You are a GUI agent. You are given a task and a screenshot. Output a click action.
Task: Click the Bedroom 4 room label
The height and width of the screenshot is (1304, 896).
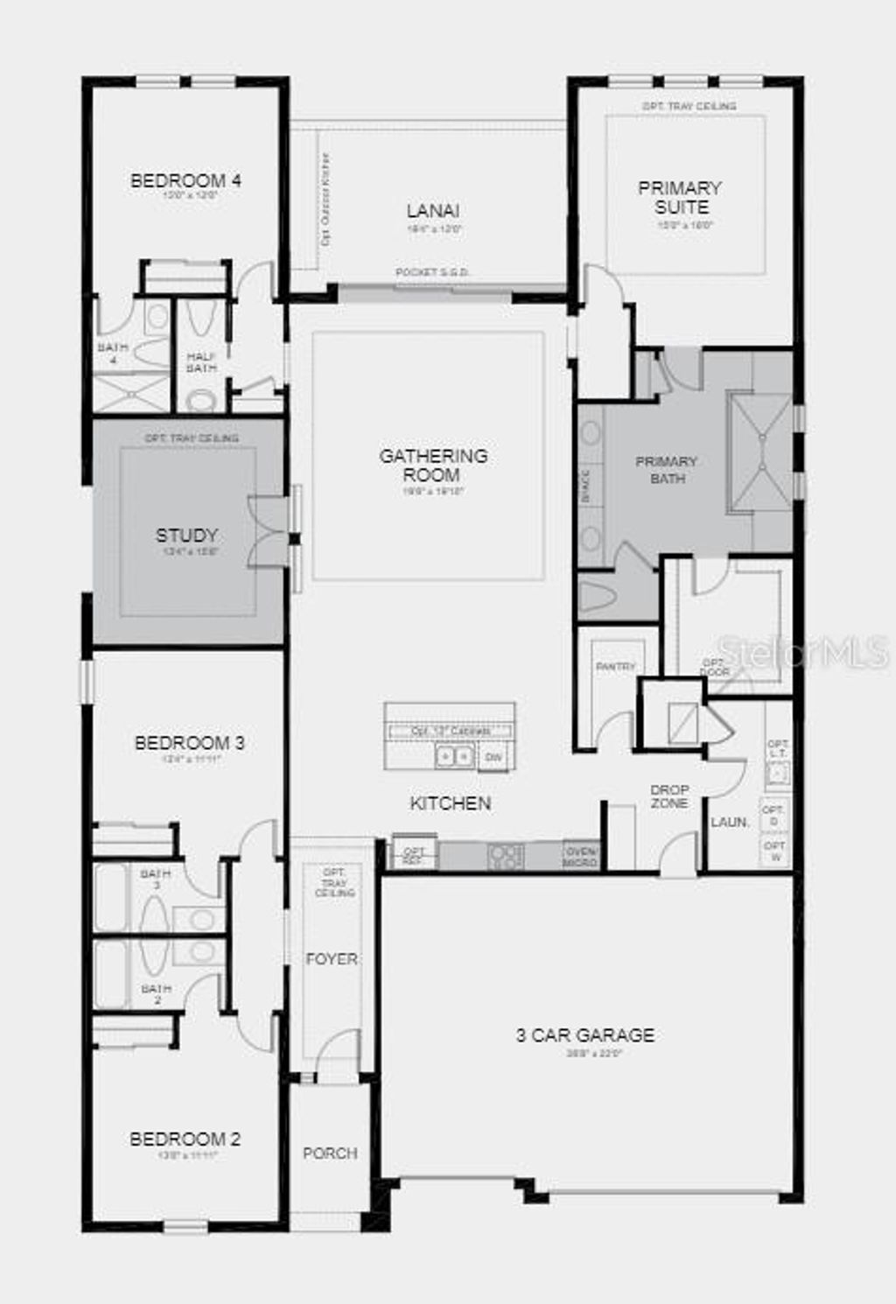(x=185, y=181)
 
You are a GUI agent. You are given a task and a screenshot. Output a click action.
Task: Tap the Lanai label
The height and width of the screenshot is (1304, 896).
(x=433, y=211)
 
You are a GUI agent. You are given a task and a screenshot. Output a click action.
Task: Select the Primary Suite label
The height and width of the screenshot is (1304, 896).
(x=681, y=198)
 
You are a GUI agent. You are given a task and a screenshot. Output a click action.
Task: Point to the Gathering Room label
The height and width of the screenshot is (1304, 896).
(x=433, y=465)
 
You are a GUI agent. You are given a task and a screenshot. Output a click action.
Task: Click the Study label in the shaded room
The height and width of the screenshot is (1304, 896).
(x=186, y=535)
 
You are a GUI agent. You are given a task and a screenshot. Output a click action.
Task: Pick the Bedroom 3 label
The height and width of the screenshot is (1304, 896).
(x=189, y=743)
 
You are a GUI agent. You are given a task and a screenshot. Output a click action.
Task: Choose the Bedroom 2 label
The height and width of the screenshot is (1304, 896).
(x=185, y=1139)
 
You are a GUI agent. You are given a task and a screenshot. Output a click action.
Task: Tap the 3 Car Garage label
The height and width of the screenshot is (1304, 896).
(x=584, y=1035)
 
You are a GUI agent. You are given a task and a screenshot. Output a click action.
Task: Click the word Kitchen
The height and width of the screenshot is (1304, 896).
(x=451, y=803)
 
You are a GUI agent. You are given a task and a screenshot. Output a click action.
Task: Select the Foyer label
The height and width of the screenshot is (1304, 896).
(x=332, y=959)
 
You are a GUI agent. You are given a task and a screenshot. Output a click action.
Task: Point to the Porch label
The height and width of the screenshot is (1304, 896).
(x=330, y=1153)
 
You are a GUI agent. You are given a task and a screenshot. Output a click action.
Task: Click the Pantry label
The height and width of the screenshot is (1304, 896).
(x=616, y=667)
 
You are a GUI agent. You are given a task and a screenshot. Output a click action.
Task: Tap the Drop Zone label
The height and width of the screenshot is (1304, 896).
(x=669, y=796)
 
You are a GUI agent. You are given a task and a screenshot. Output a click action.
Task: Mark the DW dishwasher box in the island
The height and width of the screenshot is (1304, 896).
(x=493, y=757)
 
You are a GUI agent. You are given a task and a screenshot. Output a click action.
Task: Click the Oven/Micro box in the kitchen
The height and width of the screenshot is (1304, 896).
(x=581, y=856)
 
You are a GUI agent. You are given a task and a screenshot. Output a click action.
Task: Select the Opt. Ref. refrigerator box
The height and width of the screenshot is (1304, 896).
(x=413, y=856)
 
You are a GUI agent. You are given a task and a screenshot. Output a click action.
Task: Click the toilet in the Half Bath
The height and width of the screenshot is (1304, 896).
(x=201, y=400)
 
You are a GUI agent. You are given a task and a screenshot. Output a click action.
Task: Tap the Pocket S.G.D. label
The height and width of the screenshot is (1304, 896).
(x=432, y=272)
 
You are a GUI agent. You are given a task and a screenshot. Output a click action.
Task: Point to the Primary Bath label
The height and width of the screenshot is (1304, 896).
(x=667, y=469)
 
